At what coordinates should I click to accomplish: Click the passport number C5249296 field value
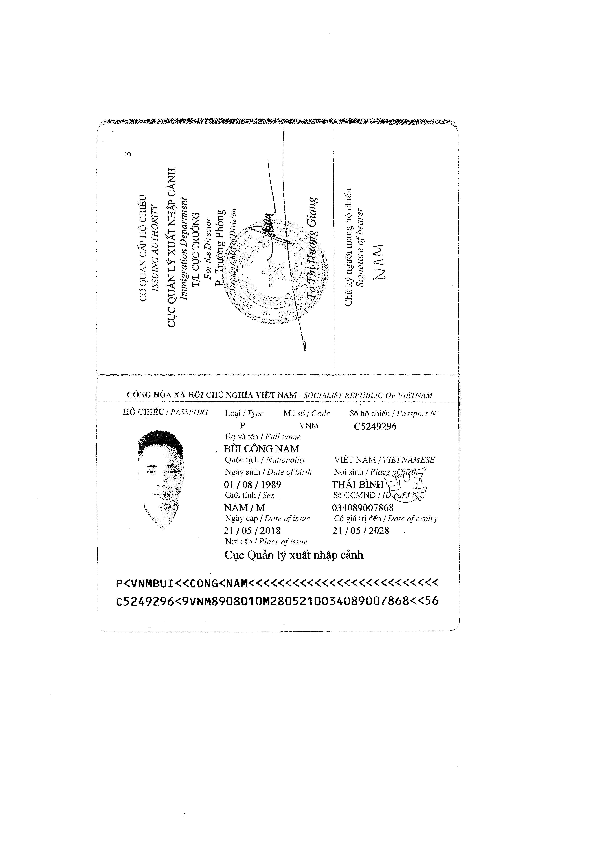[375, 427]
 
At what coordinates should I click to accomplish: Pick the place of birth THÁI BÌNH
[358, 484]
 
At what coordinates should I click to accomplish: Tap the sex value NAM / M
[244, 508]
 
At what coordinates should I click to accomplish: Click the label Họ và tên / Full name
[263, 437]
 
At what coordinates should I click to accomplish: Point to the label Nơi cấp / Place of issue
[266, 542]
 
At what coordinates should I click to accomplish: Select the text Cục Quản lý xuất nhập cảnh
[294, 555]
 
